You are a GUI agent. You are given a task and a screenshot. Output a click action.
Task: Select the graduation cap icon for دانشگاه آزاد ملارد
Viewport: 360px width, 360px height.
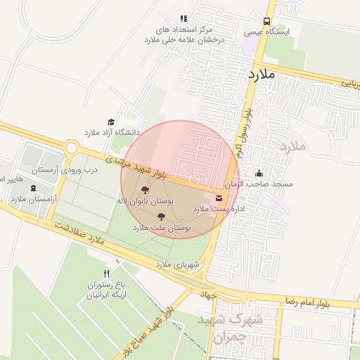click(x=110, y=122)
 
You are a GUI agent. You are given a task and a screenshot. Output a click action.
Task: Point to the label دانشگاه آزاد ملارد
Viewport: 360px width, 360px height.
click(x=112, y=132)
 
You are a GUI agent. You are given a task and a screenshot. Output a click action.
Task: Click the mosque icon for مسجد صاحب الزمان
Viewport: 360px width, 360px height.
click(x=259, y=173)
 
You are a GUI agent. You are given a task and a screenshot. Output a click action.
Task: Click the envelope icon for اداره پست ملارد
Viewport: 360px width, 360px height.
click(x=218, y=198)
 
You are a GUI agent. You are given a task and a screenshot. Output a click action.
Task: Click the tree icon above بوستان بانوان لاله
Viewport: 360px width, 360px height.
click(x=145, y=190)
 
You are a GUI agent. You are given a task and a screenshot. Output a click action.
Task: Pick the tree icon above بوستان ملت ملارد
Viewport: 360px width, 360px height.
click(x=161, y=217)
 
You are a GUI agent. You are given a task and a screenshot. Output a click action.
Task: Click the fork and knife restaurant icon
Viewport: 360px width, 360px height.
click(x=107, y=274)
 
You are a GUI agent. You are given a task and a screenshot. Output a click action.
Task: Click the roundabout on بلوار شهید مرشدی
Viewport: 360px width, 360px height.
click(x=71, y=148)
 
